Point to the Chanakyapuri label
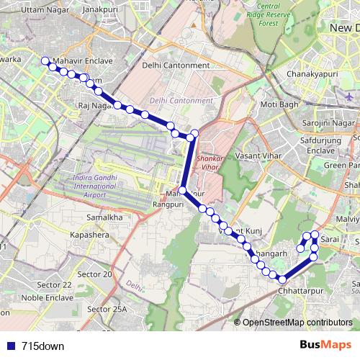313,73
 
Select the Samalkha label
104,217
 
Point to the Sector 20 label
95,274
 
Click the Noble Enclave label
48,297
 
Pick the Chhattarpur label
297,292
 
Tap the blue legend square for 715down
10,346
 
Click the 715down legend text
42,346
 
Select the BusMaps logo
325,345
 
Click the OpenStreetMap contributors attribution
297,323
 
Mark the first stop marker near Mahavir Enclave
45,61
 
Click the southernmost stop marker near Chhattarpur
282,279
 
